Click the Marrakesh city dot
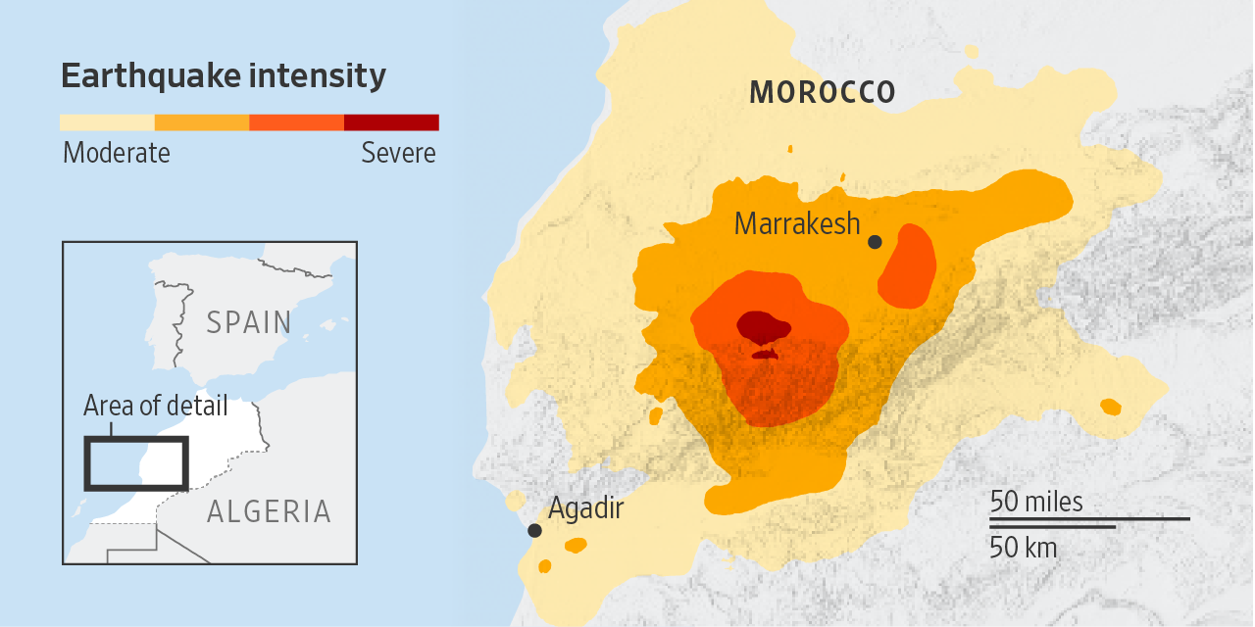point(875,242)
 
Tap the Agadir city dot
point(534,530)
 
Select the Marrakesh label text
point(796,224)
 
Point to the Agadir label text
point(585,508)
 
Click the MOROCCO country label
point(822,93)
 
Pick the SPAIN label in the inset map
point(249,322)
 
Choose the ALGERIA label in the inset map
point(268,511)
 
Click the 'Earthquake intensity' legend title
point(224,76)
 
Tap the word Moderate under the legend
point(116,154)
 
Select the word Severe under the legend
point(398,154)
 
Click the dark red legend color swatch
point(391,122)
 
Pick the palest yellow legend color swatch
point(107,122)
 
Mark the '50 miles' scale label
point(1036,502)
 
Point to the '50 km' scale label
point(1023,547)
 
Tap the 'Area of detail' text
point(155,406)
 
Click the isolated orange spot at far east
point(1110,407)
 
